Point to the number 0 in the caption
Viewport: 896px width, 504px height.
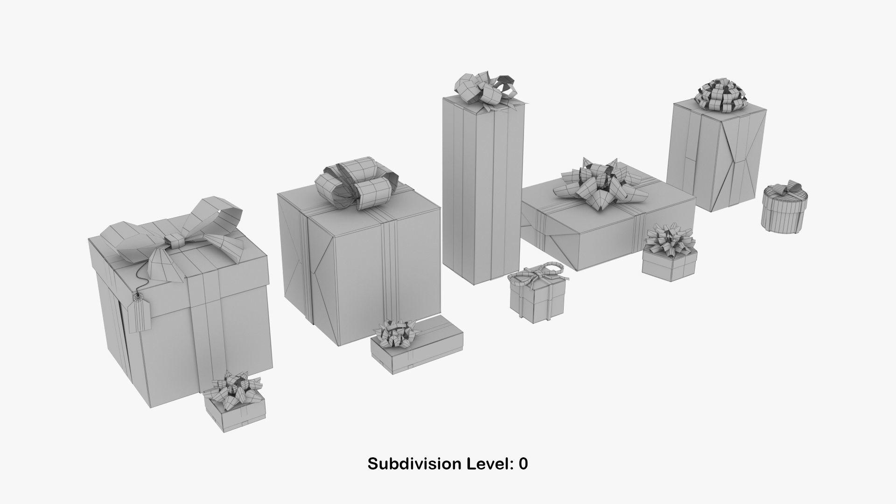tap(523, 464)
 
